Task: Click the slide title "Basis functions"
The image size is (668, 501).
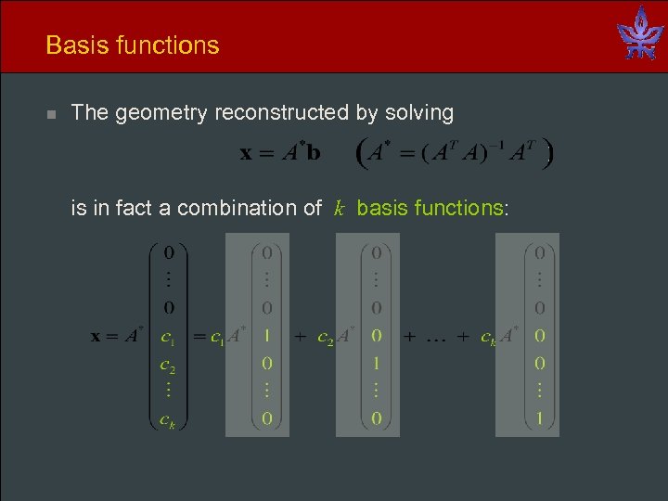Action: coord(132,45)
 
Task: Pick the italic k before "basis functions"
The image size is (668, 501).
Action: coord(340,208)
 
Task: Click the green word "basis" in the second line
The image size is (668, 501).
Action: coord(380,208)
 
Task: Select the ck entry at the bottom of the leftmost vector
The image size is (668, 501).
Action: coord(168,419)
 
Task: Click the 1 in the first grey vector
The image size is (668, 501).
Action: coord(266,335)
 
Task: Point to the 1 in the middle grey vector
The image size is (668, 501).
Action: coord(377,363)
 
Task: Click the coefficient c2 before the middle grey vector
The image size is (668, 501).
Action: coord(326,337)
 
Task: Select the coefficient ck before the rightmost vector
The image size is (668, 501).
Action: coord(488,337)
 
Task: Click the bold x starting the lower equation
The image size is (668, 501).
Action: coord(96,336)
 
